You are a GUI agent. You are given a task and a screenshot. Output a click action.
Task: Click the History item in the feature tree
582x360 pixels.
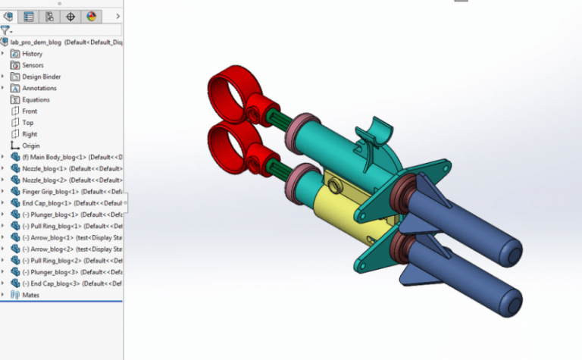pos(32,54)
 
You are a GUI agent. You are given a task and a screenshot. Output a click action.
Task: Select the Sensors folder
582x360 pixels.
pos(33,65)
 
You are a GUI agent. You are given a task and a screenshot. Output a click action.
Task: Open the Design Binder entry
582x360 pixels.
pos(41,77)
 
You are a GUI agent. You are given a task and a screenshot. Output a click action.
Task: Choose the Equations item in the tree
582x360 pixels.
pos(36,99)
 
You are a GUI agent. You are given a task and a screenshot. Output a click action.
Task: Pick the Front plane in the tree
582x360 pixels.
pos(30,111)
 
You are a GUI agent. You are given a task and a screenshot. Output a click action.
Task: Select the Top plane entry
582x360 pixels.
pos(28,122)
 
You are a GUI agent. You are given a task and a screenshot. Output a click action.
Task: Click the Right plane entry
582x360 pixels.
pos(30,134)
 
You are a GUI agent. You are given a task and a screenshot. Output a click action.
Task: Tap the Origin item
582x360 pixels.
pos(31,146)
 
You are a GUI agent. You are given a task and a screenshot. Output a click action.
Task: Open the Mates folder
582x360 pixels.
pos(31,295)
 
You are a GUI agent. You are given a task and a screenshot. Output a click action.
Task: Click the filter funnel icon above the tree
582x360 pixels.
pos(5,30)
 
